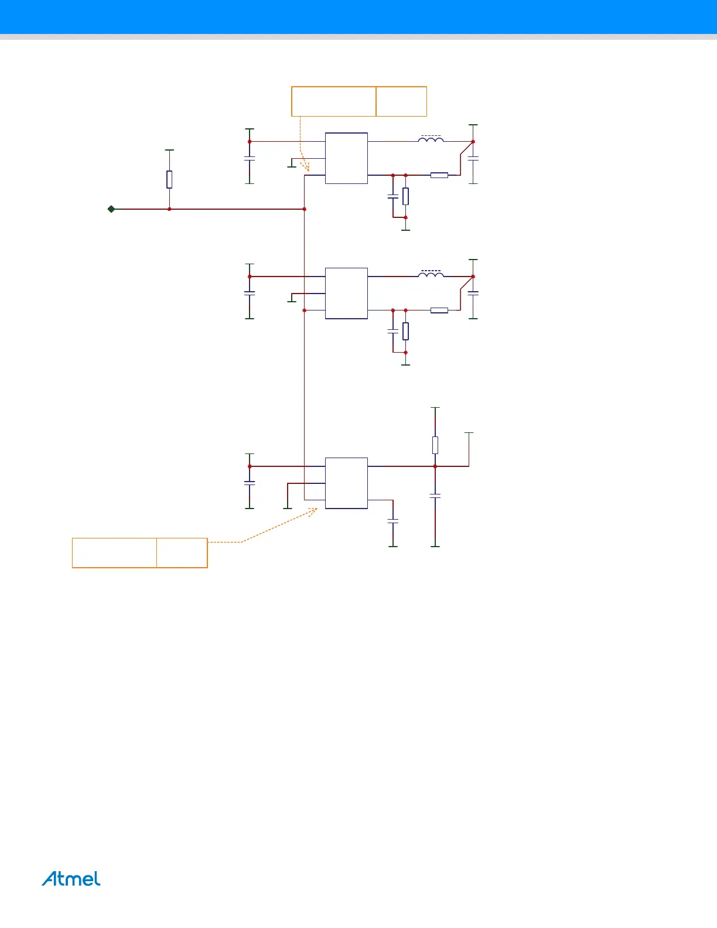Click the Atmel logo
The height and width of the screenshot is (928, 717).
71,879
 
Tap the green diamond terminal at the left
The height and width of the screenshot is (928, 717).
111,209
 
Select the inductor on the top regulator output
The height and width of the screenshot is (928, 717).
431,139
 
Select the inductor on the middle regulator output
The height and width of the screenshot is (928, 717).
431,274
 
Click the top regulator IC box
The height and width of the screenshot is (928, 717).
346,158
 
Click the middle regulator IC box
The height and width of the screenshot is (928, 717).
346,294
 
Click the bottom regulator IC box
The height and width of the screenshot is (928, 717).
346,483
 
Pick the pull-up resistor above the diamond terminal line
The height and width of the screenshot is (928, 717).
169,179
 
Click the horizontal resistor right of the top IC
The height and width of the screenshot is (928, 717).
439,175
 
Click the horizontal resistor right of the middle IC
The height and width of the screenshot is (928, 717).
439,311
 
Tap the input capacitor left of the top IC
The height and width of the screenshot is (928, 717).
250,158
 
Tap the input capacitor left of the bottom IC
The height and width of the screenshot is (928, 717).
250,483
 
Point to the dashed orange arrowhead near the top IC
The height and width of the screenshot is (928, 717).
306,168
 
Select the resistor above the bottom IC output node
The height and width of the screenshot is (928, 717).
435,445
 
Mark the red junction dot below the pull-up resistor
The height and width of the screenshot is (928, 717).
169,209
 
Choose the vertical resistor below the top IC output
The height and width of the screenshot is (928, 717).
405,196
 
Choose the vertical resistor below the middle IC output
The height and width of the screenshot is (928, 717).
405,332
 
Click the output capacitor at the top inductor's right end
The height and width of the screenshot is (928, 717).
473,158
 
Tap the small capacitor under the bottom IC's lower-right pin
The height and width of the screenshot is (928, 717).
393,520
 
